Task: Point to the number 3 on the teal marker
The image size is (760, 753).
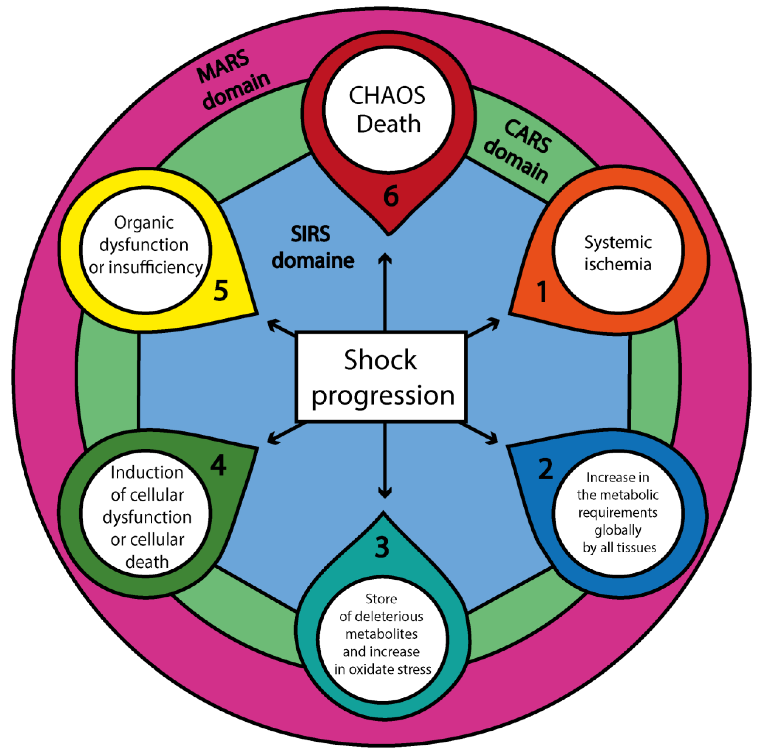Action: (x=382, y=547)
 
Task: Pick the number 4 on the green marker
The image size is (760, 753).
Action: (x=218, y=465)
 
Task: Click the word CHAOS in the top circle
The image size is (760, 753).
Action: (x=387, y=96)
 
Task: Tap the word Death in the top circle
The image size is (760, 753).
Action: (x=389, y=124)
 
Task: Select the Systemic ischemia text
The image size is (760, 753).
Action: (x=617, y=253)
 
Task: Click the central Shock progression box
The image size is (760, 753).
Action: (x=380, y=377)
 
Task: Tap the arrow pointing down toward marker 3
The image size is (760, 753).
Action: (x=384, y=460)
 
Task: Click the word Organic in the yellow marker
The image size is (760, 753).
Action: (x=144, y=223)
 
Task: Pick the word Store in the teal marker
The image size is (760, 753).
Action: (x=381, y=599)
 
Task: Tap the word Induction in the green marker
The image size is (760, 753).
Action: (x=147, y=472)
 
